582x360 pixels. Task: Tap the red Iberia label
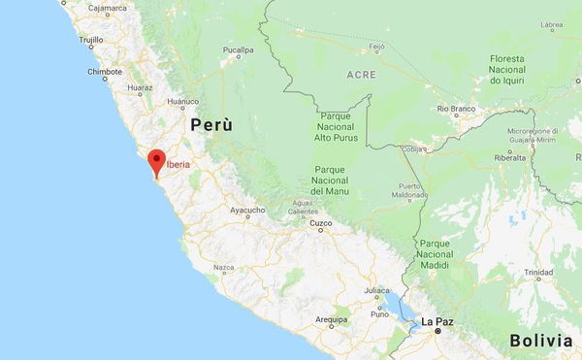[178, 165]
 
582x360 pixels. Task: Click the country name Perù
[211, 125]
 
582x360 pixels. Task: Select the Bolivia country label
[540, 341]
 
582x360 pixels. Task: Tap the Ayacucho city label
[247, 210]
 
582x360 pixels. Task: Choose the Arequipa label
[331, 319]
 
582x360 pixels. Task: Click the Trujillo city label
[91, 41]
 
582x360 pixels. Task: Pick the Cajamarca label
[108, 8]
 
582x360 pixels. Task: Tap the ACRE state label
[361, 74]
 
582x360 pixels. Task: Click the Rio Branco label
[456, 110]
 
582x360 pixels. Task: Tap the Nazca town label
[224, 267]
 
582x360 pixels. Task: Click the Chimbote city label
[105, 72]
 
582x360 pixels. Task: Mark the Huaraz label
[140, 86]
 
